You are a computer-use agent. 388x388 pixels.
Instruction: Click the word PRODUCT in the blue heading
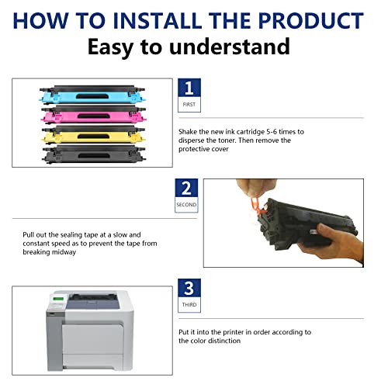[311, 20]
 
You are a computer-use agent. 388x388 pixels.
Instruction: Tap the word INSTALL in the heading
[158, 20]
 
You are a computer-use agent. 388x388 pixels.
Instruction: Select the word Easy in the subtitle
[110, 47]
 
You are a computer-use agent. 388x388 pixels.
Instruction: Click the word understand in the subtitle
[230, 47]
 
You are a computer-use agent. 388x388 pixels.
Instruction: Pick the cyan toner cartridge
[92, 95]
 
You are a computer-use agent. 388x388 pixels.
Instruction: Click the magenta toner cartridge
[93, 114]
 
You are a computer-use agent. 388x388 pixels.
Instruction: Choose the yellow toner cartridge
[93, 135]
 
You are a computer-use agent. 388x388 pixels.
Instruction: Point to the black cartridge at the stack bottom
[94, 154]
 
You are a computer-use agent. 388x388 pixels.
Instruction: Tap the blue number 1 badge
[189, 88]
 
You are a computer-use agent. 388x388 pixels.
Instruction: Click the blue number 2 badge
[186, 188]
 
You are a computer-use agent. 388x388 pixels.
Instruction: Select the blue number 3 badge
[189, 288]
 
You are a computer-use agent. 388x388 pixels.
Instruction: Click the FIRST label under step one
[189, 105]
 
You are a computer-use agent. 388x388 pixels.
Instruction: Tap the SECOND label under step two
[186, 205]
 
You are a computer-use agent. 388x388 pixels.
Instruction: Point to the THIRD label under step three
[189, 305]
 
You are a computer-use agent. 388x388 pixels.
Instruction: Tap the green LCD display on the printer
[58, 299]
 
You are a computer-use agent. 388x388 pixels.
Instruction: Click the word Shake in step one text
[188, 132]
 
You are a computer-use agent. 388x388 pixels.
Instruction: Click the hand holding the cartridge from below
[334, 243]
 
